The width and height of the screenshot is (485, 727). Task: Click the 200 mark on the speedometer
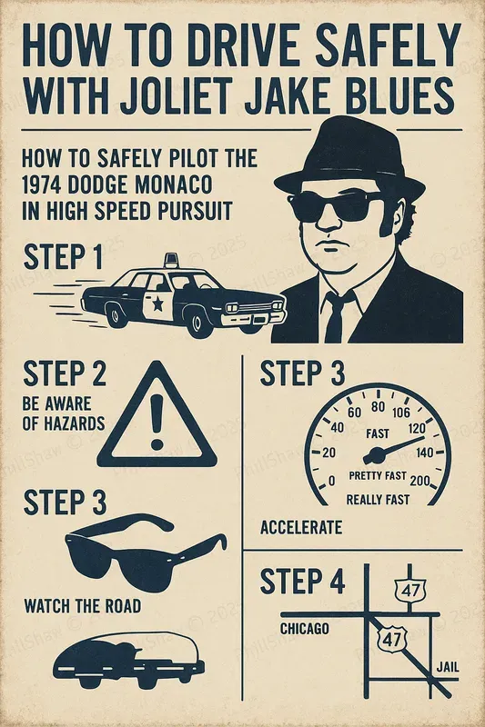pyautogui.click(x=421, y=479)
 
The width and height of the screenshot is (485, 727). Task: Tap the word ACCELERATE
pyautogui.click(x=301, y=528)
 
